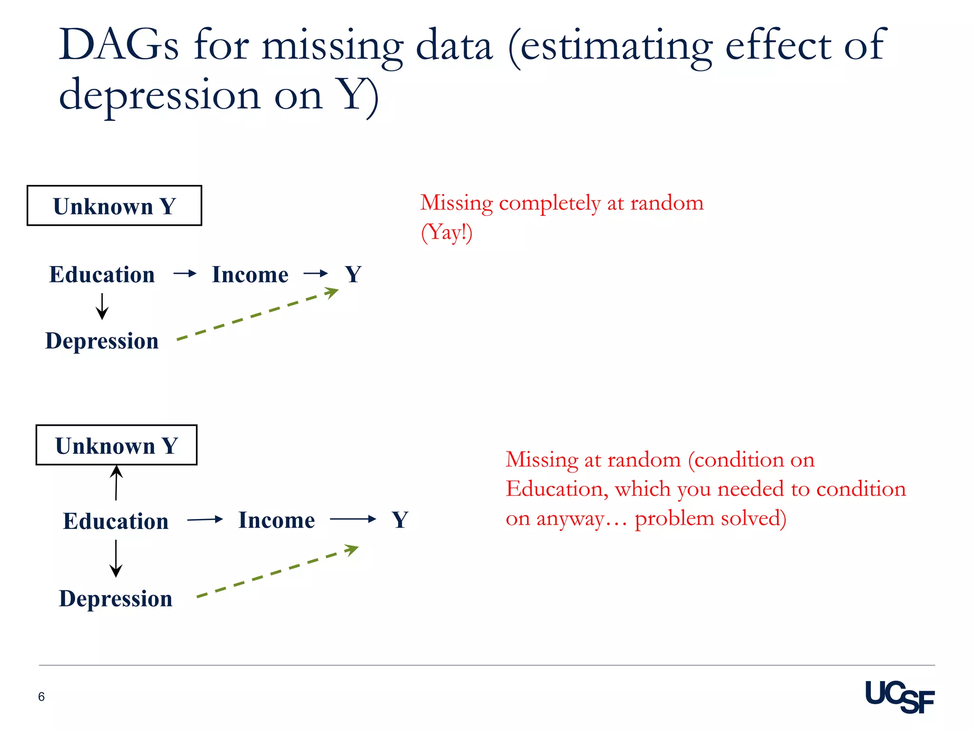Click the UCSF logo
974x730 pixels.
899,697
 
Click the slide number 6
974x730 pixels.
41,697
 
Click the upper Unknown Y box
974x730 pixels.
114,206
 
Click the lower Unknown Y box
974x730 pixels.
117,445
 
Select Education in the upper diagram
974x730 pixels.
102,275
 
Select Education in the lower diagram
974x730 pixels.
116,521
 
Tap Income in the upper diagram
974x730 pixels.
250,275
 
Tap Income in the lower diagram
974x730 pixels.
276,520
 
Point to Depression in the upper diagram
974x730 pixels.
102,341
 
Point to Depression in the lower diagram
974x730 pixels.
116,598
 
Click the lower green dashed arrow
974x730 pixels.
277,572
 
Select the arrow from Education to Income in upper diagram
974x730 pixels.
185,273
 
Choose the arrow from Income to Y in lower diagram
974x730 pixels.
352,519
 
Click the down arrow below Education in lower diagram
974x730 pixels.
116,558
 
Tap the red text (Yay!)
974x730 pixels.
447,233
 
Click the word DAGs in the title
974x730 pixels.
118,46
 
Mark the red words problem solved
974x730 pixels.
710,518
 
